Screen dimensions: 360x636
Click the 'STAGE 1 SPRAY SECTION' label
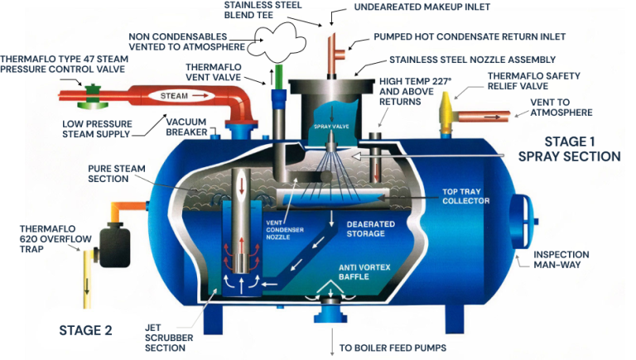(x=569, y=149)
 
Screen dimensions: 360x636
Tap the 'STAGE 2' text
(x=85, y=330)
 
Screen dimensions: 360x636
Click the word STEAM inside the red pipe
(x=175, y=96)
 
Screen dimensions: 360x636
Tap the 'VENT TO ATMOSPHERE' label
(x=561, y=108)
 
